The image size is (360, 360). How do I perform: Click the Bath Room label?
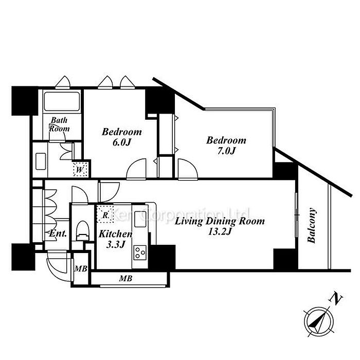point(59,124)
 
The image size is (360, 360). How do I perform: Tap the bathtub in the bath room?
point(62,101)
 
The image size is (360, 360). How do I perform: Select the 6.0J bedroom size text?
point(121,142)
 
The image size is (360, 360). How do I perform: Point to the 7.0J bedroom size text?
point(226,151)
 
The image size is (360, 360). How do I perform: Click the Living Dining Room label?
point(220,222)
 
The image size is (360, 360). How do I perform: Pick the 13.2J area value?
point(220,231)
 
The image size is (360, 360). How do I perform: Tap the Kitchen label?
point(116,234)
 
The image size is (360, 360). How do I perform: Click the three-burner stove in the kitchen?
point(140,253)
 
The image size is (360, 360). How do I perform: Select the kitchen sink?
point(140,217)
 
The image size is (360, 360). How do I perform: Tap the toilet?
point(82,230)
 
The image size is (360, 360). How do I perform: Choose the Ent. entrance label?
point(58,233)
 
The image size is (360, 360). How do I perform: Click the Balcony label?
point(312,225)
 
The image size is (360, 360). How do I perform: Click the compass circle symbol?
point(319,321)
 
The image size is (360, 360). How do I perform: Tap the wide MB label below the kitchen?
point(126,278)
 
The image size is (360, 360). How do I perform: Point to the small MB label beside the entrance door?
point(81,268)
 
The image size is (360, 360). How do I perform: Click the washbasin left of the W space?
point(41,161)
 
